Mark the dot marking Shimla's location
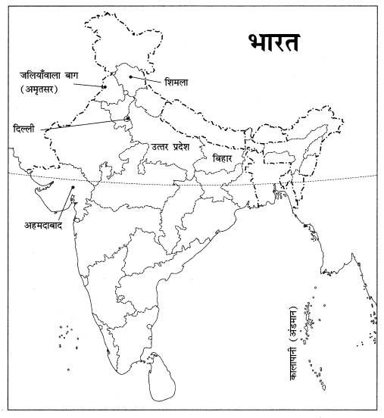click(130, 76)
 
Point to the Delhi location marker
click(127, 118)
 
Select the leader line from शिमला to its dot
click(145, 79)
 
